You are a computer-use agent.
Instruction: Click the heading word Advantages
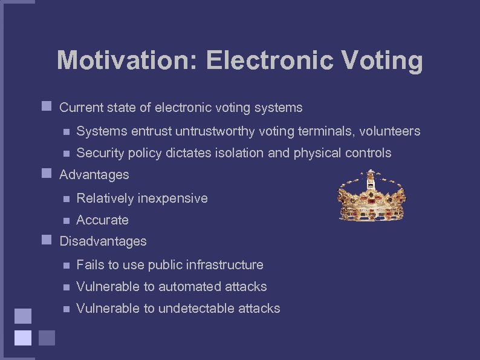coord(94,175)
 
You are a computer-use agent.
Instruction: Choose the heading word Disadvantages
coord(103,241)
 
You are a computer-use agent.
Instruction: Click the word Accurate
coord(102,220)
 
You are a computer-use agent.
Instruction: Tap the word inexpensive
coord(173,198)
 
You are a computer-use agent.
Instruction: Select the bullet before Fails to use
coord(66,265)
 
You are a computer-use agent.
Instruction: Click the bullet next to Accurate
coord(66,220)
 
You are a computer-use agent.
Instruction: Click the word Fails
coord(90,265)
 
